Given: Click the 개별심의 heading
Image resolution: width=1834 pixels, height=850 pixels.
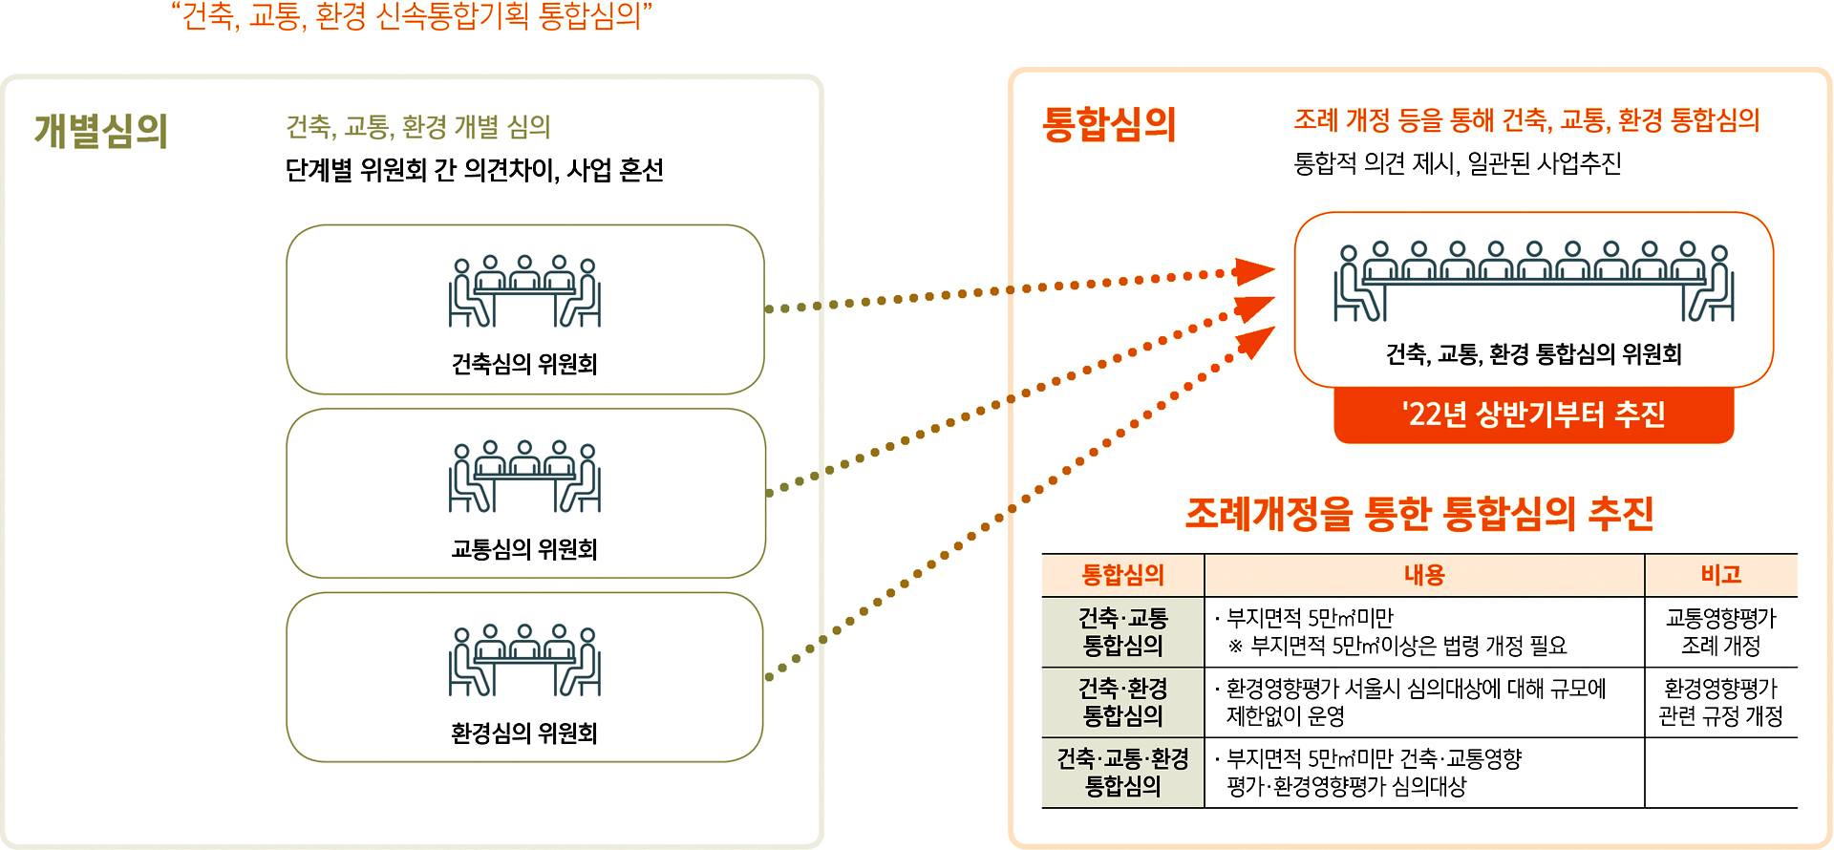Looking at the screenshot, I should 101,131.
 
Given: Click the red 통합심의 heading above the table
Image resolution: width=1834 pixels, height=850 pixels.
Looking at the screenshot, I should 1109,124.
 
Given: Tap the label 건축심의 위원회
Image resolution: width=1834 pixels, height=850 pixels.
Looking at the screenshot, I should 524,364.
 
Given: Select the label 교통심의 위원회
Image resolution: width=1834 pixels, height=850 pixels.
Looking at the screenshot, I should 524,549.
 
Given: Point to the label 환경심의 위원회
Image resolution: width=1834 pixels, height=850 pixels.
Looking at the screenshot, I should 524,733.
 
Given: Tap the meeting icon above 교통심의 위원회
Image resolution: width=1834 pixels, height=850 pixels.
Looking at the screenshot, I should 524,476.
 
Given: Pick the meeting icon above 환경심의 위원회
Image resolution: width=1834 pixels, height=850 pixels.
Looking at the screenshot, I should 524,660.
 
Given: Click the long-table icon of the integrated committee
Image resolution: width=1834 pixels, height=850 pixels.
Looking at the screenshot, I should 1534,282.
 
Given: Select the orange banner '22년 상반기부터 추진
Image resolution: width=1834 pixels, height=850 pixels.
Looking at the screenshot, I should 1533,414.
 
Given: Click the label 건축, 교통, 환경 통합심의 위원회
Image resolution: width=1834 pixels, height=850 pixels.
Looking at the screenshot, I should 1533,354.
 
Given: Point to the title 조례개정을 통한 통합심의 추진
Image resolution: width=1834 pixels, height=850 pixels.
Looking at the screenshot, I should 1419,514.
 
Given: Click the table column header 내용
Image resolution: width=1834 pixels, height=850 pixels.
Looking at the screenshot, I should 1424,575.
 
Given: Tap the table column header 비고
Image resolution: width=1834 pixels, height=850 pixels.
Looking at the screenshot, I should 1720,575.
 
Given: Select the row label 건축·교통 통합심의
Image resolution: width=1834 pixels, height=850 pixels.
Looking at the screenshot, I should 1123,631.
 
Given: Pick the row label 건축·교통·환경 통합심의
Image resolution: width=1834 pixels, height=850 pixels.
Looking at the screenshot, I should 1123,772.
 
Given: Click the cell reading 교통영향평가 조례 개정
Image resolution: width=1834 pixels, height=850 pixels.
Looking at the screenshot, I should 1720,631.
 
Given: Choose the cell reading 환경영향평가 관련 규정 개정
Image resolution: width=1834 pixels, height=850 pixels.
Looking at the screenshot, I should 1720,702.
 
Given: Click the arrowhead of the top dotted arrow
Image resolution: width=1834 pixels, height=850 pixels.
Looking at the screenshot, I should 1254,271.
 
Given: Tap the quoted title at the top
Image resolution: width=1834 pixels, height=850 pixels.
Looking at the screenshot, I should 412,17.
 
